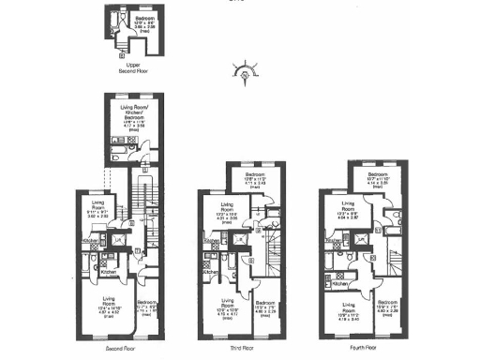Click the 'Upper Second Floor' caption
point(133,67)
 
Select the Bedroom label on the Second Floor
point(146,305)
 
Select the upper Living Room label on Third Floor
point(228,208)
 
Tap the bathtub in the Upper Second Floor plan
point(115,21)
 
